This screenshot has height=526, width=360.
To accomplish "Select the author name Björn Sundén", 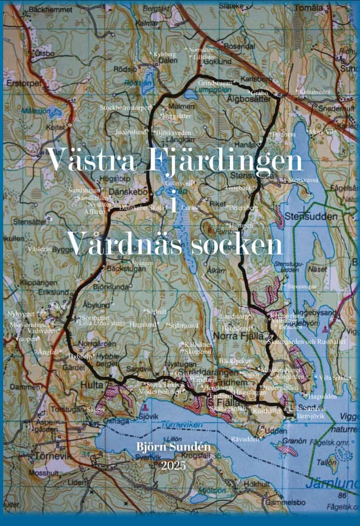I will pos(174,448).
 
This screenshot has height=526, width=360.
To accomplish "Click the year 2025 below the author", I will pos(173,465).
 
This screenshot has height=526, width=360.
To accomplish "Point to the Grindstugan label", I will pos(215,83).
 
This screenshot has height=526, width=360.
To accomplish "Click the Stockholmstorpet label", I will pos(124,108).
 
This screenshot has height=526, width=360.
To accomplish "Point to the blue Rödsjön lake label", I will pos(135,83).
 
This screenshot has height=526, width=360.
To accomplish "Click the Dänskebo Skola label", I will pos(139,207).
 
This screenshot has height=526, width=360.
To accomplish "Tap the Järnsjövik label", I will pos(310,416).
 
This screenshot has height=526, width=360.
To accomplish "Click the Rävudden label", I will pos(246,439).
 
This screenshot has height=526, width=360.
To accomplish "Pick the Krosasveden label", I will pos(315,92).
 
